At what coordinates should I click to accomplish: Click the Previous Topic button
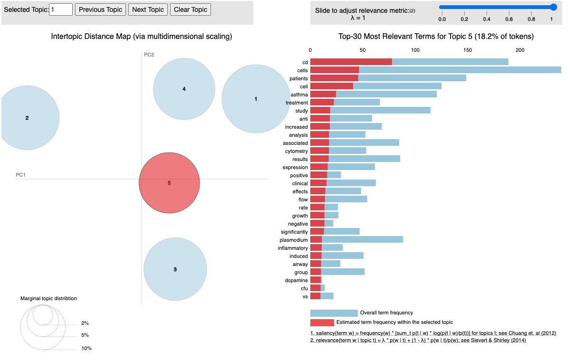(x=100, y=9)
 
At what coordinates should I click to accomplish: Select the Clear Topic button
(x=190, y=9)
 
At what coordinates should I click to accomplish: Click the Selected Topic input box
(x=61, y=9)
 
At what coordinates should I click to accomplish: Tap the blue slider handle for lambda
(x=553, y=7)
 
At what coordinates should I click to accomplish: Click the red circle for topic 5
(x=169, y=183)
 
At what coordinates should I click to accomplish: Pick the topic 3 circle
(x=175, y=269)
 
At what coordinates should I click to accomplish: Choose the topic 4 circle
(x=184, y=89)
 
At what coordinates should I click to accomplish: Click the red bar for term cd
(x=351, y=62)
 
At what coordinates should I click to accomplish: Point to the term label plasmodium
(x=294, y=240)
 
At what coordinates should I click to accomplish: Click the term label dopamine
(x=296, y=280)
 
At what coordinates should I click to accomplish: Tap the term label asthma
(x=299, y=95)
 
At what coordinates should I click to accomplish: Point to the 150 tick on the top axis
(x=468, y=50)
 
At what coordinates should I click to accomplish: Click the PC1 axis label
(x=20, y=175)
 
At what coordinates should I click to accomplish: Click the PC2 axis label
(x=149, y=55)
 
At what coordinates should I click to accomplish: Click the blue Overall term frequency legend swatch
(x=334, y=313)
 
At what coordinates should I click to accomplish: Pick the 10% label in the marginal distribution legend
(x=86, y=348)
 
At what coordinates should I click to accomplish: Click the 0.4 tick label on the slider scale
(x=487, y=19)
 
